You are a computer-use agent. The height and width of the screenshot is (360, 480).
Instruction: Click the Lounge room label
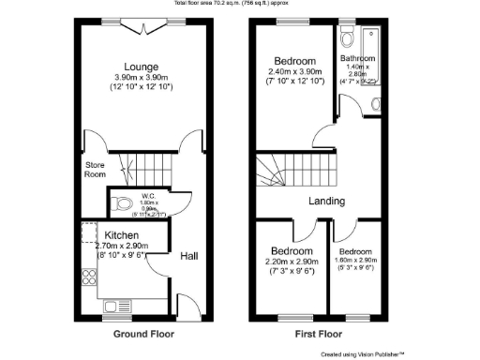click(x=141, y=67)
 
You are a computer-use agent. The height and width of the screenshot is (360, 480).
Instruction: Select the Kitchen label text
click(x=122, y=234)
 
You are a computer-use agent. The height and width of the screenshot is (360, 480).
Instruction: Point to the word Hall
click(x=189, y=255)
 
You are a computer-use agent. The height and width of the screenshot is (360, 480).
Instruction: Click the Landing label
click(x=326, y=201)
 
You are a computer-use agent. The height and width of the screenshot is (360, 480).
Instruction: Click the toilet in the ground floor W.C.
click(x=119, y=203)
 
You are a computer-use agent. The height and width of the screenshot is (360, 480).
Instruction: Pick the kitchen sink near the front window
click(x=117, y=306)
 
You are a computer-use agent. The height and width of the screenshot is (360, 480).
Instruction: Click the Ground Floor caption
click(x=143, y=334)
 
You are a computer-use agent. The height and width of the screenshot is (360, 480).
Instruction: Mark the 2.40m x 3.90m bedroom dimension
click(x=295, y=71)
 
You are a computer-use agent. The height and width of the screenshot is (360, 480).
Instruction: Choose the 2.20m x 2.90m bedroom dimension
click(x=292, y=266)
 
